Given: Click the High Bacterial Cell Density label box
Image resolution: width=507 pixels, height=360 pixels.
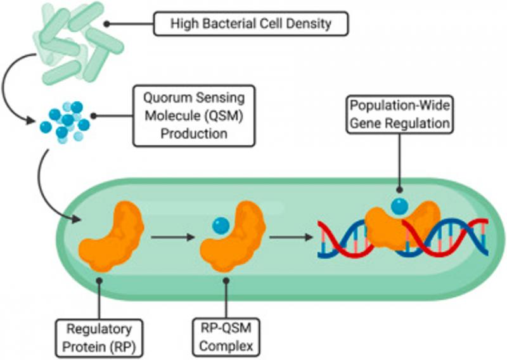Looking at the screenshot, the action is click(250, 23).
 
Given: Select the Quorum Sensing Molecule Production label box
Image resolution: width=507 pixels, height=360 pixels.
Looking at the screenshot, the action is click(194, 116).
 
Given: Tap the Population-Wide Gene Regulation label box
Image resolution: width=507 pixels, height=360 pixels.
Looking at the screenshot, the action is click(400, 115).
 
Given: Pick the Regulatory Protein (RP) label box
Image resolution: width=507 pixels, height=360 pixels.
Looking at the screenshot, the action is click(99, 338).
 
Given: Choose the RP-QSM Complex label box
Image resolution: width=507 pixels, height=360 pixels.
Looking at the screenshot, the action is click(226, 337).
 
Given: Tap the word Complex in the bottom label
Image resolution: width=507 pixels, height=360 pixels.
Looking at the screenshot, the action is click(226, 347).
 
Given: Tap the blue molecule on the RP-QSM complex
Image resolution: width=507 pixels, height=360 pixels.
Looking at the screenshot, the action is click(221, 226).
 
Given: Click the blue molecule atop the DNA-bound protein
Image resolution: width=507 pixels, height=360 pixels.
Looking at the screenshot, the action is click(400, 206).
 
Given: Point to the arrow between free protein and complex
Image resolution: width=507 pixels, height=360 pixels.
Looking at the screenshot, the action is click(172, 238).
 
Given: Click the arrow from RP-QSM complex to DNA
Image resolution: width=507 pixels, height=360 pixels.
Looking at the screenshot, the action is click(291, 238).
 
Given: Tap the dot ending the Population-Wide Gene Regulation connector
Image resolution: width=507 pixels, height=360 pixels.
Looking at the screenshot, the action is click(400, 190).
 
